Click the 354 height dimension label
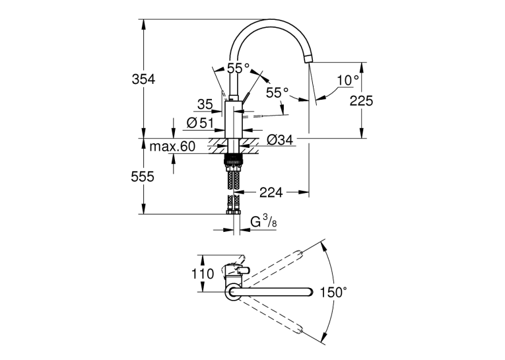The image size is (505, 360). point(144,79)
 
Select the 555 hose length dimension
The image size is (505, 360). point(143,176)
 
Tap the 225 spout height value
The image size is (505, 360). point(361,101)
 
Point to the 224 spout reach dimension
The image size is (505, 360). point(271,192)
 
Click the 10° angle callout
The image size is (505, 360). point(349,80)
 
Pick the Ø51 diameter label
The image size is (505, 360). point(200,123)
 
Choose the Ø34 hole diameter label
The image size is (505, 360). point(280,140)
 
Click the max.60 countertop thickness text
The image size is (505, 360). point(173,147)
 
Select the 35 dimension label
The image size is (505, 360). point(205,104)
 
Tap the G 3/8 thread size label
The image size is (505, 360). point(264,222)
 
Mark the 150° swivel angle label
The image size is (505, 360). point(333,293)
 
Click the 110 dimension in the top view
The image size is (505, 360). point(203,274)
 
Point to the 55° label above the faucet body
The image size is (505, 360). point(238,68)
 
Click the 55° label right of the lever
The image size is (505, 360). point(277,93)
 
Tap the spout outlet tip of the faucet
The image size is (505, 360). point(308,60)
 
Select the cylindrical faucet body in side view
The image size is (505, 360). point(233,120)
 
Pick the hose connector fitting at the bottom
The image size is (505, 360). point(234,212)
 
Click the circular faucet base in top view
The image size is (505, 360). point(232,293)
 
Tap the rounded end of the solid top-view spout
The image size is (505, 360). point(310,292)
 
